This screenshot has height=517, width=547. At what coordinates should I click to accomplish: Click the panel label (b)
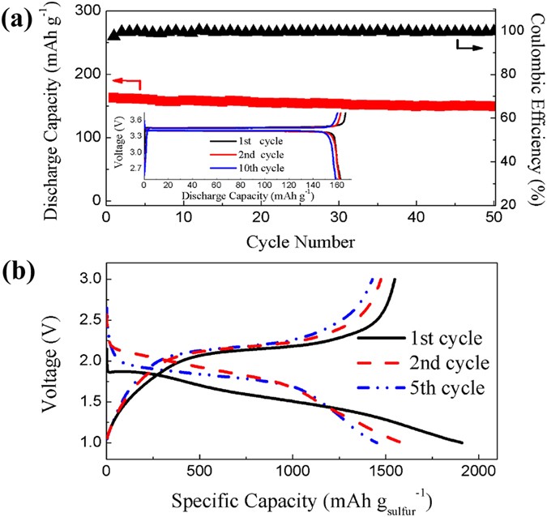(19, 273)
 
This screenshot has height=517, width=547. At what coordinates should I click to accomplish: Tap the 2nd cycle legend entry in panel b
(446, 361)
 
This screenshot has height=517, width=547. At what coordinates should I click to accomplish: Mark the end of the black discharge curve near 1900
(461, 442)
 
